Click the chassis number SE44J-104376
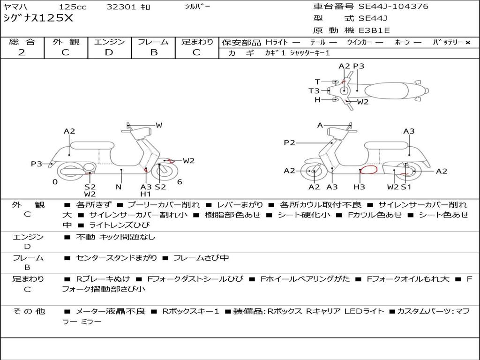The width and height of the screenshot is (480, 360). [x=393, y=7]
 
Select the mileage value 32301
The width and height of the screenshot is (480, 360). [x=121, y=7]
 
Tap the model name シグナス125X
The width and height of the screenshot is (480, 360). [x=38, y=19]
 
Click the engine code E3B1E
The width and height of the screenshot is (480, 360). [x=374, y=30]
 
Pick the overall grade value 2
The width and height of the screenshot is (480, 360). [x=22, y=52]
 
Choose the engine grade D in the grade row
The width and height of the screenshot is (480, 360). [x=109, y=52]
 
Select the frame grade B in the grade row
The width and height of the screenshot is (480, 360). [x=154, y=52]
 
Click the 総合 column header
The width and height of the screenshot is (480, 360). [x=22, y=42]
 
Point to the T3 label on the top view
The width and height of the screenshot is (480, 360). [x=314, y=91]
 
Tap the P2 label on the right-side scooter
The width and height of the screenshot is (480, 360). [x=289, y=143]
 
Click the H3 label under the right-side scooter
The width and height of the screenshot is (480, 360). [x=359, y=187]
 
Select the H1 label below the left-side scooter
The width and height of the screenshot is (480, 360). [x=146, y=194]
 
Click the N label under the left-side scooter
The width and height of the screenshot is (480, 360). [x=119, y=187]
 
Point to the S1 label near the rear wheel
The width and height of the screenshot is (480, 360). [x=406, y=187]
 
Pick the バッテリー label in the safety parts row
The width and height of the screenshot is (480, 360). [x=448, y=43]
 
